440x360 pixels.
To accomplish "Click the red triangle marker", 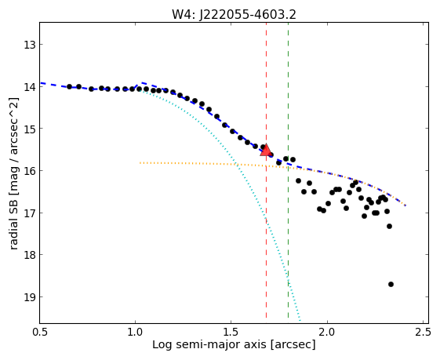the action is pyautogui.click(x=265, y=151).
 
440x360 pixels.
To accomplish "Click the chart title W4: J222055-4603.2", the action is pyautogui.click(x=234, y=15).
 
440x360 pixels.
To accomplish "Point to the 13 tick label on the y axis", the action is pyautogui.click(x=30, y=45).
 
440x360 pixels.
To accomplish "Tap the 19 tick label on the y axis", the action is pyautogui.click(x=30, y=297).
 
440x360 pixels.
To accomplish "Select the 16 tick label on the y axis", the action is pyautogui.click(x=30, y=171).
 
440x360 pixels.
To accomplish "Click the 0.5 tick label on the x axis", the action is pyautogui.click(x=40, y=333).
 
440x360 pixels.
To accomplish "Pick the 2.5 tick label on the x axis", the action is pyautogui.click(x=423, y=333).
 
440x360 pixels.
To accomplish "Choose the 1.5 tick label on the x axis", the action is pyautogui.click(x=231, y=333).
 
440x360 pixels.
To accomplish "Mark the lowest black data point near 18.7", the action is pyautogui.click(x=391, y=284).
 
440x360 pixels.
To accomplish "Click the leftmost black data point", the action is pyautogui.click(x=69, y=87).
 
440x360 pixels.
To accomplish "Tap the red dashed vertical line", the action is pyautogui.click(x=266, y=173).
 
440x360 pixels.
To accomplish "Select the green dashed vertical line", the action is pyautogui.click(x=288, y=173).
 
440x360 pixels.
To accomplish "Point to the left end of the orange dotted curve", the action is pyautogui.click(x=140, y=162).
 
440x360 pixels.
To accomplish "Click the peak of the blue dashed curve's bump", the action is pyautogui.click(x=142, y=82).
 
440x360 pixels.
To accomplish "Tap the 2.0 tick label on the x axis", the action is pyautogui.click(x=327, y=333).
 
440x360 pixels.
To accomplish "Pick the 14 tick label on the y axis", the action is pyautogui.click(x=30, y=87).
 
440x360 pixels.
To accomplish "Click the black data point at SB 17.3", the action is pyautogui.click(x=389, y=226).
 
